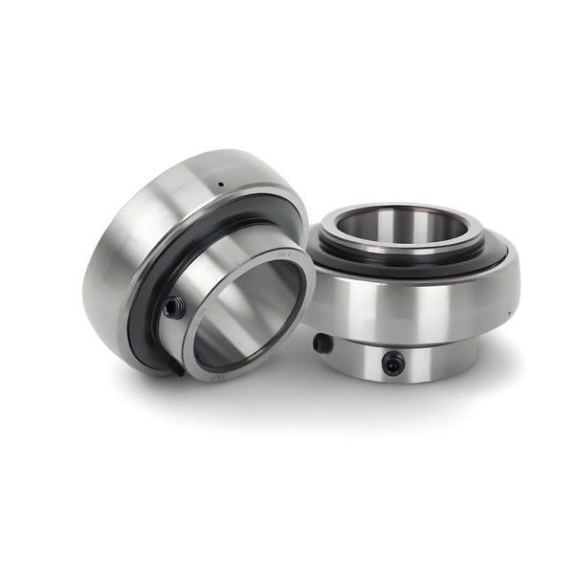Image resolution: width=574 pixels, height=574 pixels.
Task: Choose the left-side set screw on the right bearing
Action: (322, 342)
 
